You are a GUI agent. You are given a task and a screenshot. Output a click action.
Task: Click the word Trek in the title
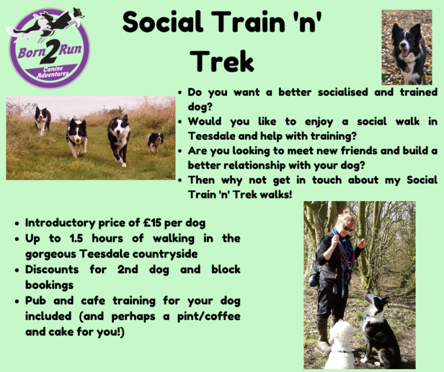[x=222, y=61]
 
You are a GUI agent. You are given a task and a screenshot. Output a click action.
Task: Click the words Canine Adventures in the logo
[x=53, y=72]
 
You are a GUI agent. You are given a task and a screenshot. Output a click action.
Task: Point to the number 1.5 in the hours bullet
[x=76, y=238]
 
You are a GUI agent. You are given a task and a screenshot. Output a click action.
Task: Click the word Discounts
[x=52, y=269]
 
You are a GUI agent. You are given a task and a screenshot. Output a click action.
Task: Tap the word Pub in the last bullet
[x=35, y=300]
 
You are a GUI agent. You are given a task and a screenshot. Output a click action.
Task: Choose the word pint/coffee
[x=209, y=317]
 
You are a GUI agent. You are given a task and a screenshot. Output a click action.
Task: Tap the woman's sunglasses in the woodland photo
[x=347, y=227]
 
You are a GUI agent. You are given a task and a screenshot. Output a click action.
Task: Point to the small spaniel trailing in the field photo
[x=155, y=142]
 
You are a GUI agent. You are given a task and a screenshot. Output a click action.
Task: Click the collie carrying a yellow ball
[x=76, y=137]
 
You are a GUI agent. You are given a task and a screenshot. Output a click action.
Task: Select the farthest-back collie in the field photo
[x=42, y=120]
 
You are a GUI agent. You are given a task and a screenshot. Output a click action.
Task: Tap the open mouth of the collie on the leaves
[x=404, y=53]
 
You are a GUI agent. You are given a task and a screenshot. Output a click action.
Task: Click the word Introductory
[x=60, y=223]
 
